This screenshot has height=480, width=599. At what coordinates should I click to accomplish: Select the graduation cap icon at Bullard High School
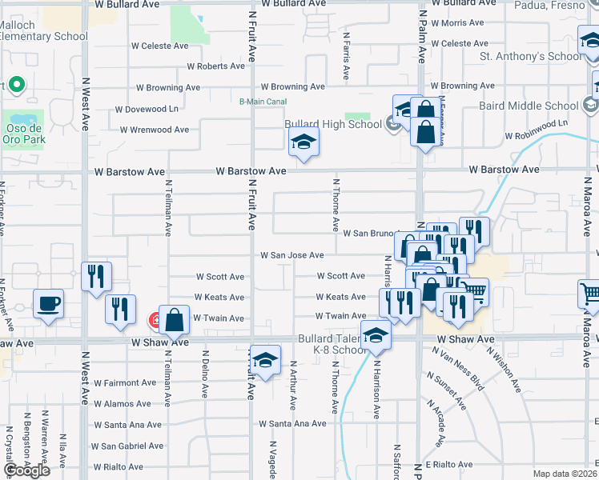click(x=304, y=143)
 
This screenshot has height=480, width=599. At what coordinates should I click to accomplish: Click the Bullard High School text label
click(x=333, y=124)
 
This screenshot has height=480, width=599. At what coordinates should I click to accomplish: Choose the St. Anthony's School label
click(x=531, y=57)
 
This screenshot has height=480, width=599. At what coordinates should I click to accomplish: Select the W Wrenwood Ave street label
click(x=155, y=130)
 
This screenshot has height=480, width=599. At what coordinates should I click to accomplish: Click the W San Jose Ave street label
click(x=291, y=255)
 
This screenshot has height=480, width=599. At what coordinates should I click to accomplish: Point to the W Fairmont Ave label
click(x=125, y=383)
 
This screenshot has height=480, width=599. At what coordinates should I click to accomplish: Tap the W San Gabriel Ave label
click(x=127, y=446)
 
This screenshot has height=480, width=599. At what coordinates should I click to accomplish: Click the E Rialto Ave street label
click(x=450, y=464)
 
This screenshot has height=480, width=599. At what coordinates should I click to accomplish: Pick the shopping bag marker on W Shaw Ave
click(x=174, y=319)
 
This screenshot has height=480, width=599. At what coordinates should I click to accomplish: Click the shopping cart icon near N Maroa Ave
click(x=590, y=294)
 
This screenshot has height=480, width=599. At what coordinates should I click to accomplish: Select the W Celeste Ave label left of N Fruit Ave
click(x=159, y=46)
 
